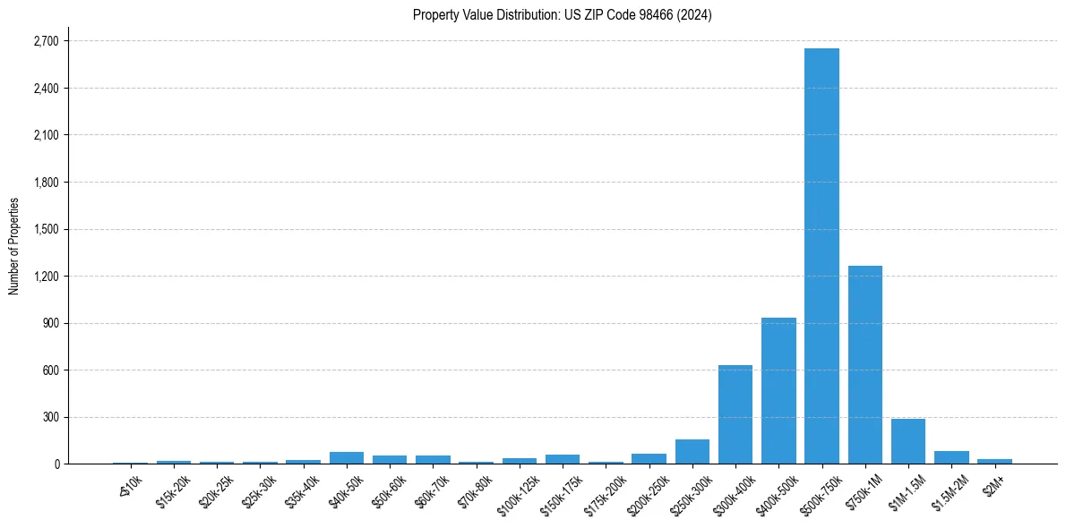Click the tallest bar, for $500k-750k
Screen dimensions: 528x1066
tap(821, 256)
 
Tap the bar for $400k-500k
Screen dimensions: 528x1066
tap(778, 390)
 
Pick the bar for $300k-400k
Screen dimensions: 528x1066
tap(735, 414)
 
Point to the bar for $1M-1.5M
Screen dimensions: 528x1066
tap(907, 441)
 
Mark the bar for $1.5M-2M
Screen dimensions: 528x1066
tap(951, 457)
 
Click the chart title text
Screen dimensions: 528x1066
tap(562, 15)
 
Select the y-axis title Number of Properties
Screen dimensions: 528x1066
tap(14, 245)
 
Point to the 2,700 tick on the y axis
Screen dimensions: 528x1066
tap(45, 41)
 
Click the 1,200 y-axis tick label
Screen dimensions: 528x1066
tap(45, 277)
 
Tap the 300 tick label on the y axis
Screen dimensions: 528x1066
tap(49, 417)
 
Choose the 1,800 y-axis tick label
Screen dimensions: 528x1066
tap(45, 183)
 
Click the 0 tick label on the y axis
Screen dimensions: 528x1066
tap(56, 464)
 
